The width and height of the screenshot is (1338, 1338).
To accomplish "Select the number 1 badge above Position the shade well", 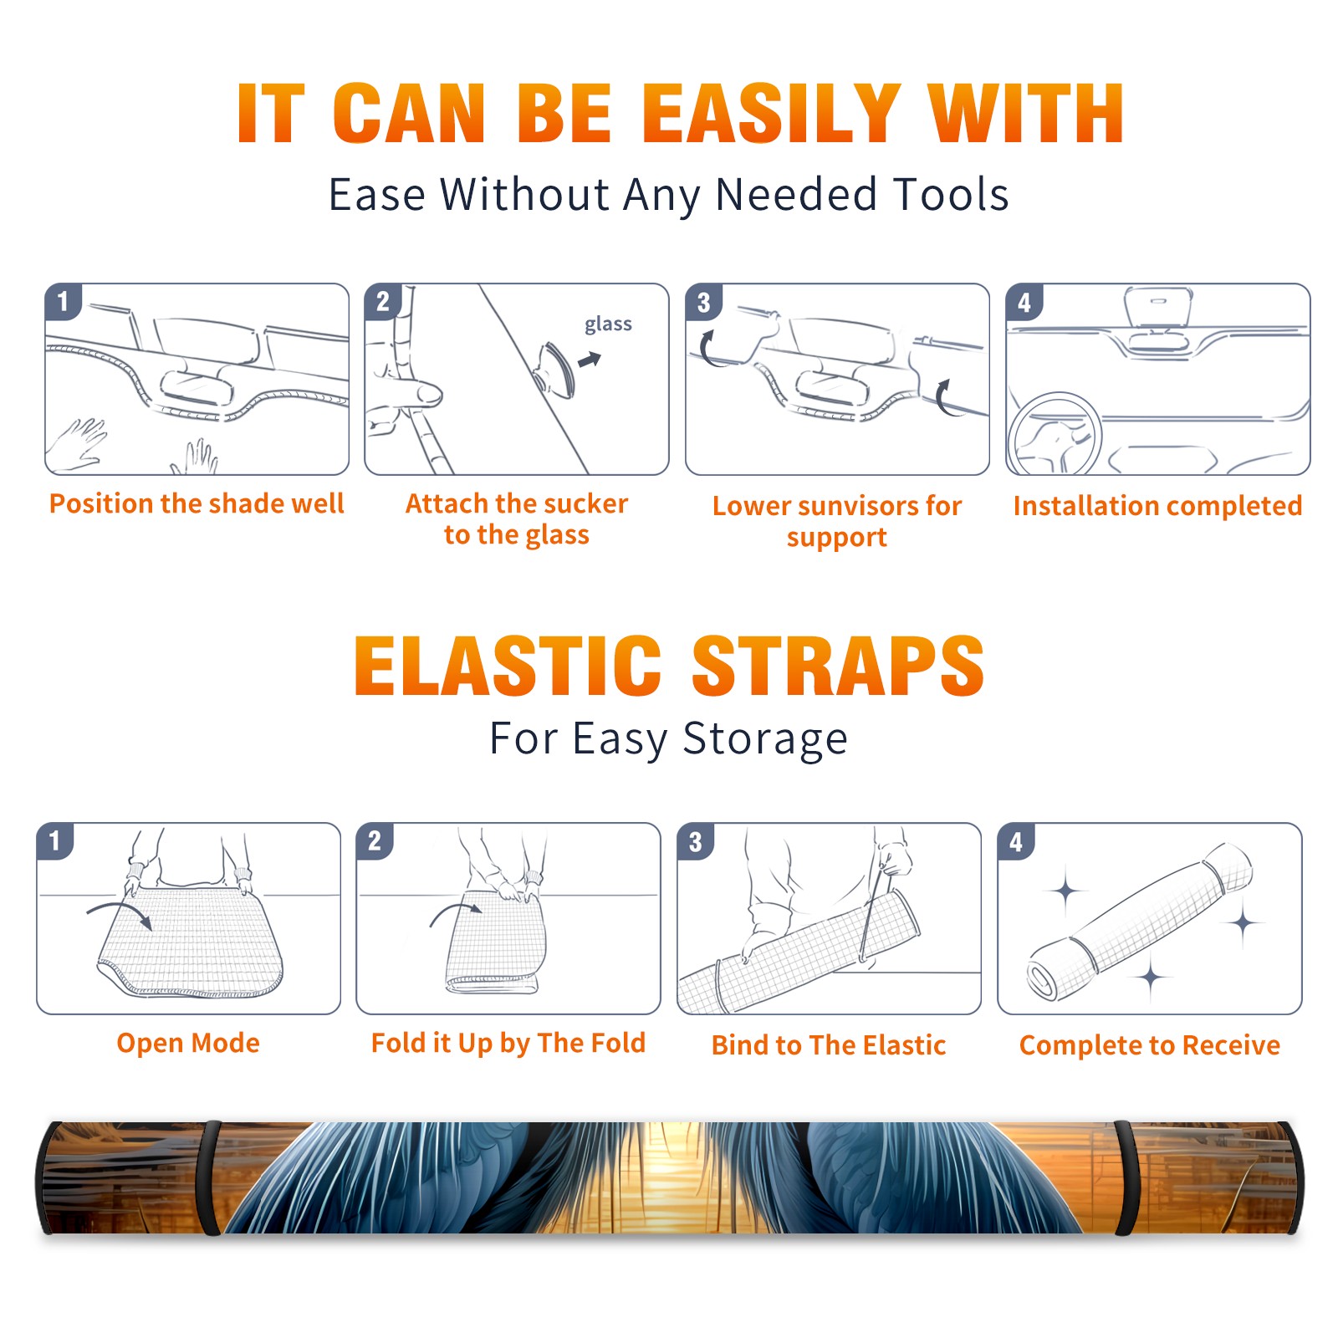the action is pos(64,301).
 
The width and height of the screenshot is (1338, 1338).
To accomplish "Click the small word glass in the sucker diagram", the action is pos(608,324).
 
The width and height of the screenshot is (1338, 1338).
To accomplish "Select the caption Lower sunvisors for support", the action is pos(837,520).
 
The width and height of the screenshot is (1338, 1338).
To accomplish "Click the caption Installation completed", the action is pos(1157,506).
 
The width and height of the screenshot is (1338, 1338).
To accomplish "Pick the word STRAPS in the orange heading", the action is pos(838,666).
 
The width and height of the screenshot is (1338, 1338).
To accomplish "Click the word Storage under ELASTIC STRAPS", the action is pos(765,739).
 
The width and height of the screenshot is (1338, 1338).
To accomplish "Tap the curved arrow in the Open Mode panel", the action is pos(120,913).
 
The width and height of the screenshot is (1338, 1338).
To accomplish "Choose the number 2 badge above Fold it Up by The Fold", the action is pos(375,840).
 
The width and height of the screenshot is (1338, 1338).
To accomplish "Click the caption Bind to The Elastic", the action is pos(829,1045).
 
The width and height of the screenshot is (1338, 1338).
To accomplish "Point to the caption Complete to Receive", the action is pos(1150,1045).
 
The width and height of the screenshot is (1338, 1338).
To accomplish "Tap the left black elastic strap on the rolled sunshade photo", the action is pos(209,1177).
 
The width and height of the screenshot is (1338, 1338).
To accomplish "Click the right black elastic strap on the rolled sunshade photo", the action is pos(1126,1177).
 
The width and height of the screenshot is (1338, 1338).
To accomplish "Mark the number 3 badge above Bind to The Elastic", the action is pos(696,841).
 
